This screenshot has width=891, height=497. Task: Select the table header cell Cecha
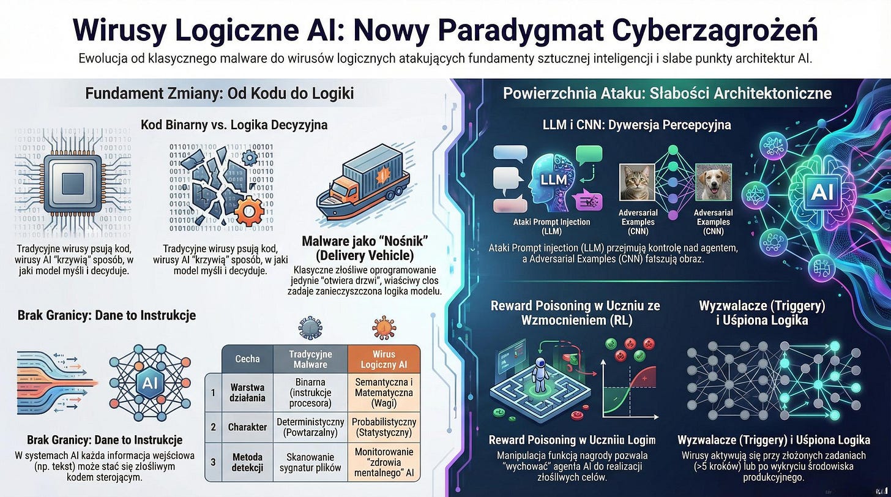pos(247,359)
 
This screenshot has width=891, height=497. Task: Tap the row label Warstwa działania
pos(247,392)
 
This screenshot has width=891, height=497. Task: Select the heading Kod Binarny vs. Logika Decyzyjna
pos(234,125)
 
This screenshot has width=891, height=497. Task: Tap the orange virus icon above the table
pos(383,328)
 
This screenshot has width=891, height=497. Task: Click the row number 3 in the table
pos(212,460)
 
